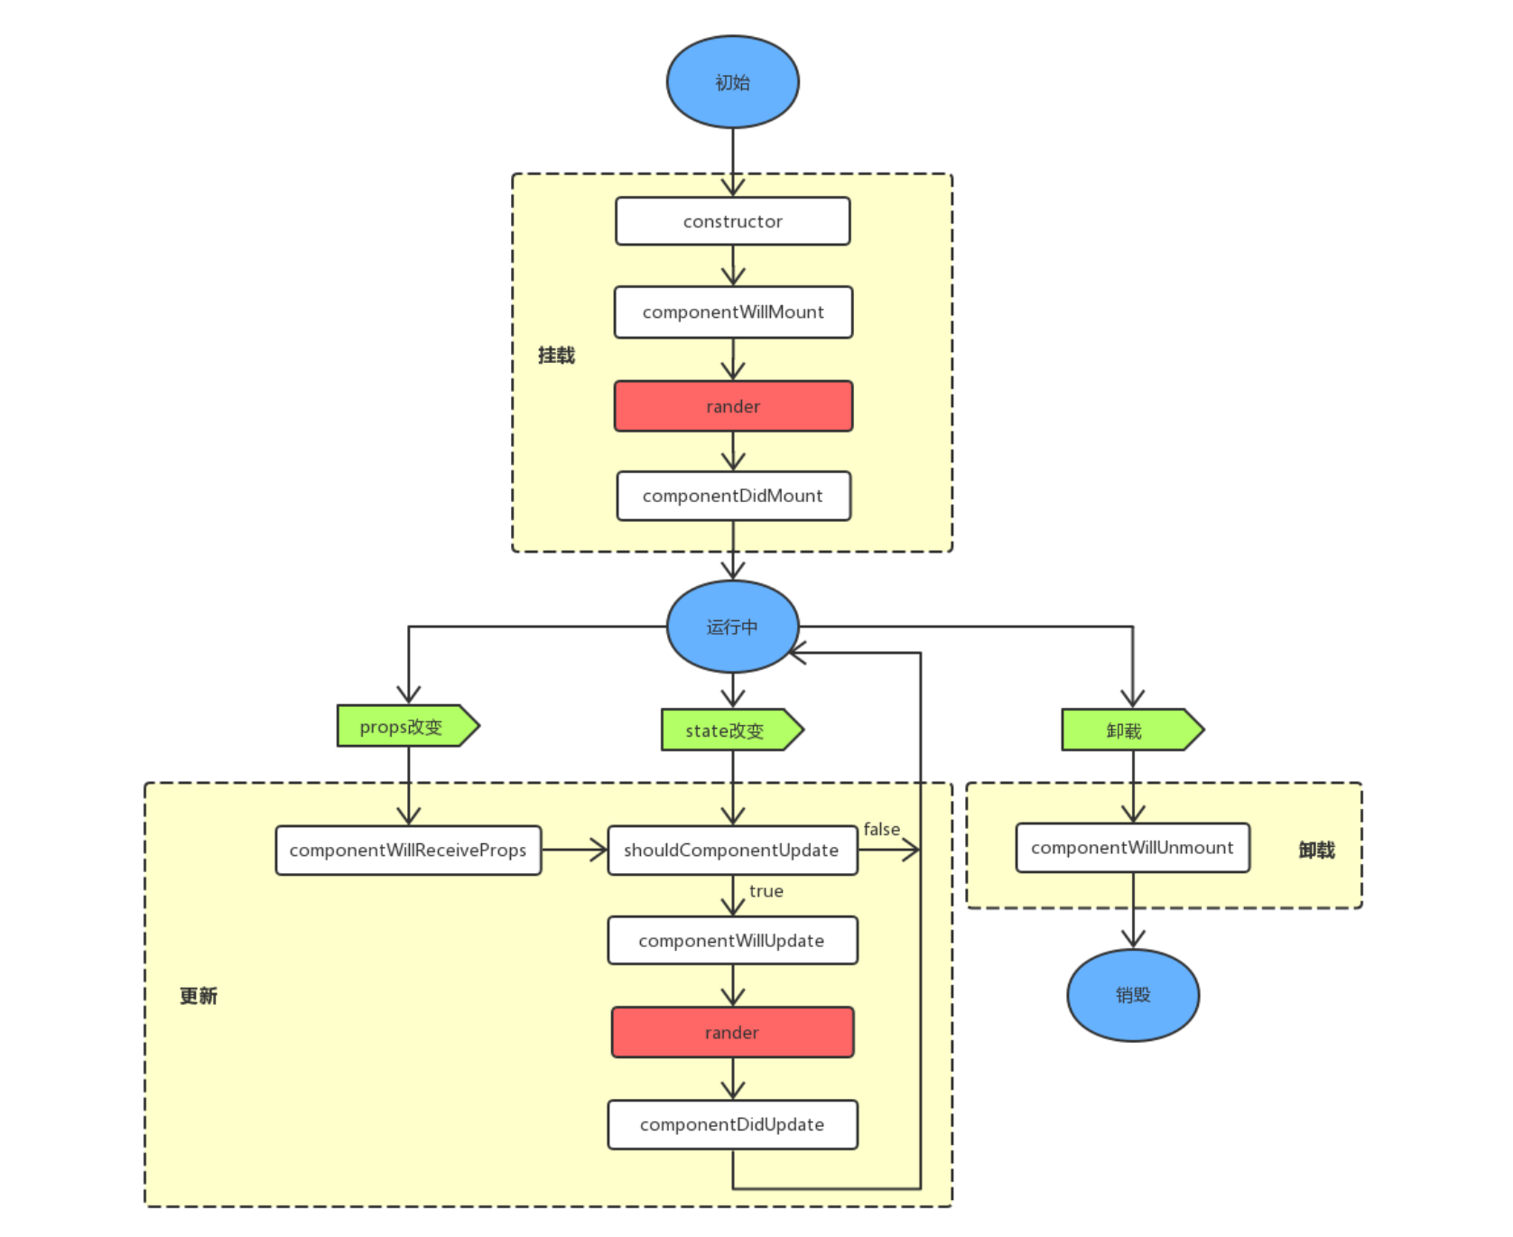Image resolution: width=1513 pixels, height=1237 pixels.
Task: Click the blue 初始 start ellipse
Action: [x=732, y=82]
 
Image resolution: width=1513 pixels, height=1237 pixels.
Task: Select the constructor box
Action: [x=732, y=221]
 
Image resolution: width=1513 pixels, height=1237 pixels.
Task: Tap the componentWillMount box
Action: [x=733, y=312]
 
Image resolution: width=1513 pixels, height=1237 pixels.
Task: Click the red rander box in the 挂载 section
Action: [x=733, y=406]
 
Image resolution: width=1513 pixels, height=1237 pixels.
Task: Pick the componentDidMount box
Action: [x=733, y=496]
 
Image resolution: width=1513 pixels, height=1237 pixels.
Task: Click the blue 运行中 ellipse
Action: [x=732, y=627]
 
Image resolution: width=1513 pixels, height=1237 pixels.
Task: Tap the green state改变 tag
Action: [x=732, y=730]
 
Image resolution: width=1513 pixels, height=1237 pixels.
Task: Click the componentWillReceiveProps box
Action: [x=408, y=851]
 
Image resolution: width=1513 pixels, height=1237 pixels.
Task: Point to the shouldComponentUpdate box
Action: [x=732, y=851]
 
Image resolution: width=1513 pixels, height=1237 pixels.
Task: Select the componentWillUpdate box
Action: [x=732, y=941]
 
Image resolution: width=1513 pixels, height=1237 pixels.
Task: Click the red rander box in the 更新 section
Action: [x=732, y=1032]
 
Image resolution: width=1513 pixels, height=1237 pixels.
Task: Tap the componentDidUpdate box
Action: [x=732, y=1124]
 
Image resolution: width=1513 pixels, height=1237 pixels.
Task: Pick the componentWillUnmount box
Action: [x=1133, y=848]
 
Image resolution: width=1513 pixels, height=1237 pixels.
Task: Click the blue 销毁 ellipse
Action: [x=1133, y=995]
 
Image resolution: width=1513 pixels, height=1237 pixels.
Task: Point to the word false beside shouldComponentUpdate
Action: [x=882, y=829]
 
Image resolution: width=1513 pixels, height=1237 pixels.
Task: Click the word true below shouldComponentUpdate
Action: [x=766, y=891]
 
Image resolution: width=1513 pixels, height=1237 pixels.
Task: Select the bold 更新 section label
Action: [x=199, y=996]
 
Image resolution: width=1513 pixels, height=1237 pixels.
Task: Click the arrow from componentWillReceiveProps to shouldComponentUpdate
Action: [x=575, y=850]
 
